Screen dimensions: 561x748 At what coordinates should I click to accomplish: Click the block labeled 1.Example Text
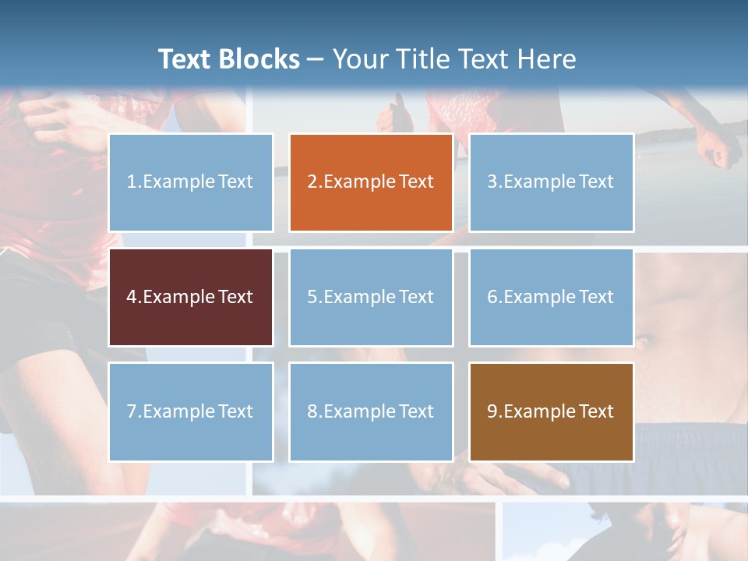(190, 182)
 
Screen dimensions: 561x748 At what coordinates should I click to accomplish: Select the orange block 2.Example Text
(371, 182)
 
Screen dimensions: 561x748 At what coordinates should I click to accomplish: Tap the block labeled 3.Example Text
(551, 182)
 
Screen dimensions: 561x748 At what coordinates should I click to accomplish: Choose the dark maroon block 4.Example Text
(190, 297)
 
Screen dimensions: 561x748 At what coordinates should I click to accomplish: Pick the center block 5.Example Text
(371, 297)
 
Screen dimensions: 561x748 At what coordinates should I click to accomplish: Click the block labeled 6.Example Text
(551, 297)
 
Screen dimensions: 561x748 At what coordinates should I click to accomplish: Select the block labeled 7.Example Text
(190, 411)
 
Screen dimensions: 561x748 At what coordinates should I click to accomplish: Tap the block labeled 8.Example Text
(371, 411)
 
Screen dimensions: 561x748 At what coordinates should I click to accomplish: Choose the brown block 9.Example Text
(551, 411)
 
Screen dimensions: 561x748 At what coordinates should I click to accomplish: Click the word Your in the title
(358, 59)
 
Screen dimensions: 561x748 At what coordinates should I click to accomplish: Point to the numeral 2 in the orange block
(312, 182)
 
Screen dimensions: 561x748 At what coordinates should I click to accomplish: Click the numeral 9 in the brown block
(492, 411)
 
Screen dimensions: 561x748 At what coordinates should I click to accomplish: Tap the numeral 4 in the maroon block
(132, 297)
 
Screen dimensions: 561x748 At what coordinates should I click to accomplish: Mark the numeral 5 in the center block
(312, 297)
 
